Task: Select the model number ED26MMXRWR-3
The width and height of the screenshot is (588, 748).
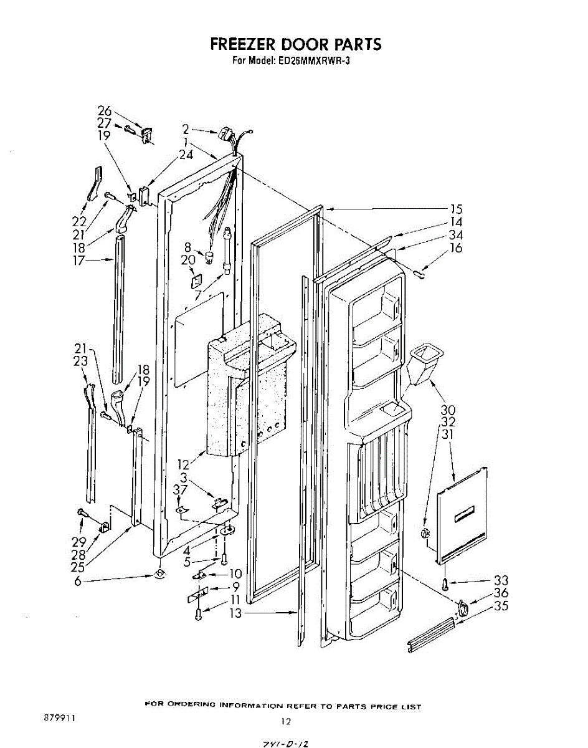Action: coord(318,61)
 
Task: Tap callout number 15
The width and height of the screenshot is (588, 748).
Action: coord(457,209)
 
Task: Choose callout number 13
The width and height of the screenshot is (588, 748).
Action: coord(235,613)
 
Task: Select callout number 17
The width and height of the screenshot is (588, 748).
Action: coord(79,261)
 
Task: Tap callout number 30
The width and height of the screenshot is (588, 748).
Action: coord(448,410)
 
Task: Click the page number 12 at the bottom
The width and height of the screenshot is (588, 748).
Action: coord(285,722)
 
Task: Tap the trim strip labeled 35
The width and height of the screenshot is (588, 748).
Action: coord(430,636)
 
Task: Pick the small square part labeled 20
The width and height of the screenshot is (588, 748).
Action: coord(196,279)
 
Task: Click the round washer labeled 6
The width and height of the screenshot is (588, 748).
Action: coord(159,573)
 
